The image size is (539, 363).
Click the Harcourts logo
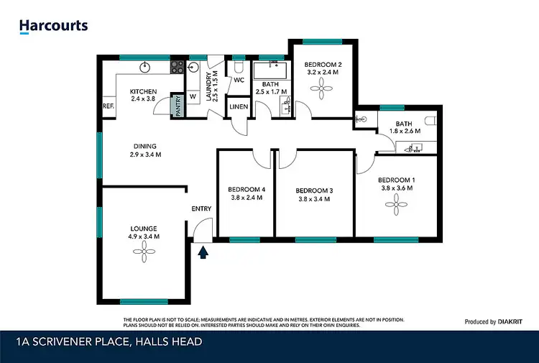(x=53, y=26)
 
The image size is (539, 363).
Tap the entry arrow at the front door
(x=203, y=251)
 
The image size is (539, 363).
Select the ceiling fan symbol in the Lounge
(x=144, y=252)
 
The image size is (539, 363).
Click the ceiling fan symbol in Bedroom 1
(x=395, y=206)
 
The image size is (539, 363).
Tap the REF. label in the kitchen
(x=109, y=106)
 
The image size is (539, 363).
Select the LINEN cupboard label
(x=239, y=107)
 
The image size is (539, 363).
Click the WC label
(x=239, y=81)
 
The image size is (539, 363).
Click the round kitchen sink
(x=144, y=68)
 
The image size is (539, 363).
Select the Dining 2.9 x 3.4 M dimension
(x=145, y=155)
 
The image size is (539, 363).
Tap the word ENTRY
(x=201, y=208)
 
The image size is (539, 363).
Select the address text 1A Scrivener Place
(x=108, y=342)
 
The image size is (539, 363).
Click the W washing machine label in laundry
(x=193, y=96)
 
